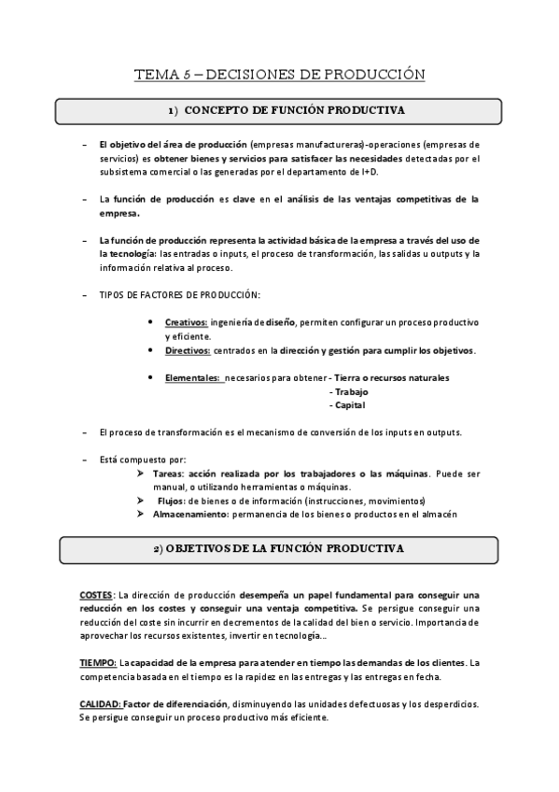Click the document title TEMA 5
point(279,73)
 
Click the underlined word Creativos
point(186,322)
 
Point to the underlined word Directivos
point(188,351)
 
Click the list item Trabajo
point(350,392)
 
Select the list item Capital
point(348,405)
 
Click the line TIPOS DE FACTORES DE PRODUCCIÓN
point(179,295)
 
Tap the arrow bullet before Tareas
point(141,474)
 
